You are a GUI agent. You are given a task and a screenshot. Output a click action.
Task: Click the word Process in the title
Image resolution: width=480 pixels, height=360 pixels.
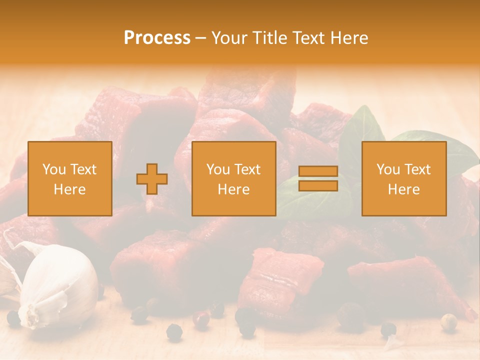click(157, 38)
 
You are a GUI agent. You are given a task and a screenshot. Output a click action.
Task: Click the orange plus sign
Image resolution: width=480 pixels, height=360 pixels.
click(152, 179)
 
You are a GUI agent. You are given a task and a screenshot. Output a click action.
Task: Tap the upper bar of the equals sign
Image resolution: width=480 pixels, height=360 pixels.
click(318, 171)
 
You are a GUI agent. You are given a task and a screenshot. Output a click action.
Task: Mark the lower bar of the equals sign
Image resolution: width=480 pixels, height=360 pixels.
click(318, 186)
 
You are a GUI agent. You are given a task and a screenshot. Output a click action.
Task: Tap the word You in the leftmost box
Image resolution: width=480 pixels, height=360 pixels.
click(54, 169)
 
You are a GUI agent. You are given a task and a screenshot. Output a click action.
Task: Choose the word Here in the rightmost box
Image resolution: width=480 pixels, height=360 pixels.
click(403, 189)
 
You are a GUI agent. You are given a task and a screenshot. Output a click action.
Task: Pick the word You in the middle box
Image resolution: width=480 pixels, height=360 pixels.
click(218, 169)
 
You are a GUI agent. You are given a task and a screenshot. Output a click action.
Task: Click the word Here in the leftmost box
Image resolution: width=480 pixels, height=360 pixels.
click(69, 189)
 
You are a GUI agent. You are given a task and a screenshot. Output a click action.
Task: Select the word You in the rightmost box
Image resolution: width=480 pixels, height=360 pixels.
click(388, 169)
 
